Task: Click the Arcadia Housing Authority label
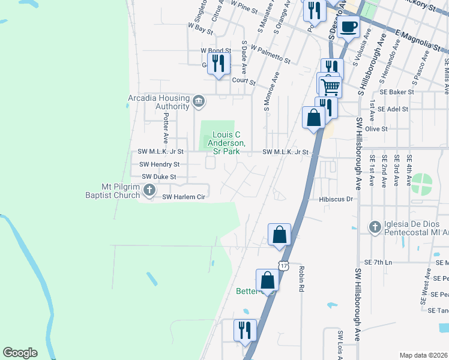(158, 102)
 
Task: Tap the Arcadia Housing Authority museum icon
(199, 103)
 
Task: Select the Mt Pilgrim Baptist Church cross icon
(150, 191)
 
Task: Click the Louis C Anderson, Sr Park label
(226, 143)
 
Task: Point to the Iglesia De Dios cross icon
(375, 227)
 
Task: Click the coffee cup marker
(348, 26)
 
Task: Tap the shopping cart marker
(330, 86)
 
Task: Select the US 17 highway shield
(284, 265)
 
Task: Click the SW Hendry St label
(159, 164)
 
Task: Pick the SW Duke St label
(158, 177)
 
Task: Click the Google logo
(20, 353)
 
